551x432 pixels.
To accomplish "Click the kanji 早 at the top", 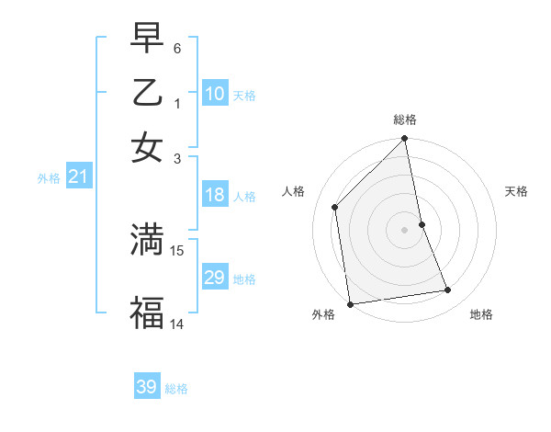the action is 147,38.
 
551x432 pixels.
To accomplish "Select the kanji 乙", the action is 147,93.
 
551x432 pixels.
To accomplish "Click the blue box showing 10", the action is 215,94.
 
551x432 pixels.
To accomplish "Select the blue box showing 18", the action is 215,195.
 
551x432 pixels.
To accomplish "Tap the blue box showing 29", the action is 215,278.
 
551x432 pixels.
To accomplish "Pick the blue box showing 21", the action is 78,177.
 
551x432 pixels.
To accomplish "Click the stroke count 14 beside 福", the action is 177,324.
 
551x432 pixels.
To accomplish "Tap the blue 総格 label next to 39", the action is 176,389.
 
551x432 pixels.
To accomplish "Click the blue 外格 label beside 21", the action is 49,178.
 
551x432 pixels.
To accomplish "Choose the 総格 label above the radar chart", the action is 404,119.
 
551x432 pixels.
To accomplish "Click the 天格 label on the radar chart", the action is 516,191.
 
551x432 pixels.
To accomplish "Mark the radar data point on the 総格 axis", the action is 404,140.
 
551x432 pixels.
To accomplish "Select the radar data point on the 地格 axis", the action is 448,290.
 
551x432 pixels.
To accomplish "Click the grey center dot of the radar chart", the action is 404,229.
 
